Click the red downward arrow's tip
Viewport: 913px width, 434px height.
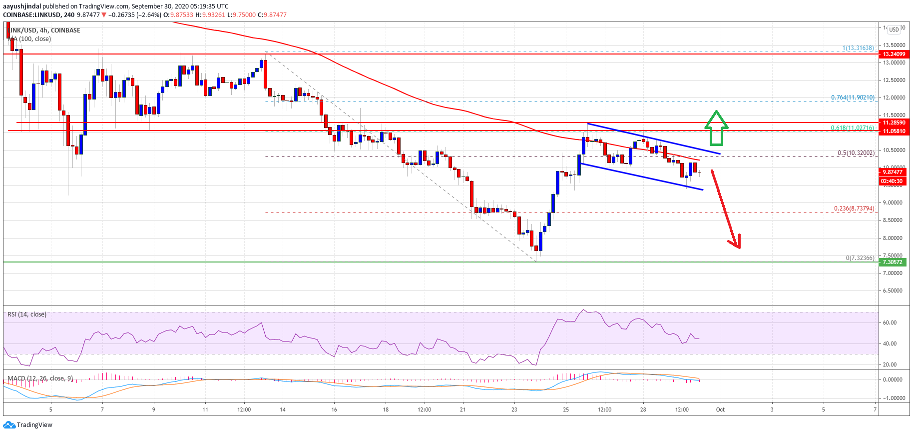738,247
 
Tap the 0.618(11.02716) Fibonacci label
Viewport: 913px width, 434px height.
852,128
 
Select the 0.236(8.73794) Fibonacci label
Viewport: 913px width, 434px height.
854,208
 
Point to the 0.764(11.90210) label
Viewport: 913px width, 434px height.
852,97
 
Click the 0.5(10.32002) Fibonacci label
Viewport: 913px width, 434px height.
856,153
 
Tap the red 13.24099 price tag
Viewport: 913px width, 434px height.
894,54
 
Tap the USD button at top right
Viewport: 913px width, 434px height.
894,29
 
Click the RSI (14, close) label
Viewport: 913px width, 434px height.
27,314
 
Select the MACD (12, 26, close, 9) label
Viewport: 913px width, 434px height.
40,378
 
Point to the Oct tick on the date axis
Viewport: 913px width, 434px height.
720,409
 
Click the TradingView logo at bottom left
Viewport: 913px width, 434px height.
28,425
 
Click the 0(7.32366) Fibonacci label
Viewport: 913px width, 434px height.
860,258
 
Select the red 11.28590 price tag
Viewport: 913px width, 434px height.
894,122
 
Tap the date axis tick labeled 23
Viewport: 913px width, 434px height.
514,409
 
